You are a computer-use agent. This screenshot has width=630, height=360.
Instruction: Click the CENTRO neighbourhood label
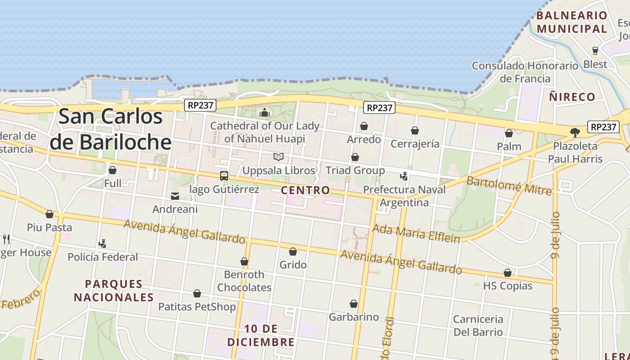305,190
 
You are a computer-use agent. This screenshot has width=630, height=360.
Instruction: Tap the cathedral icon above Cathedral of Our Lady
265,112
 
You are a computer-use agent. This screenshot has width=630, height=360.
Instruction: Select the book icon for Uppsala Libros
279,157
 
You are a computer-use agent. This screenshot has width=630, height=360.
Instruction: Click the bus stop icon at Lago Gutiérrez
224,176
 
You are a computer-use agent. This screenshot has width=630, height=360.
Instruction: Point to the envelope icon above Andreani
175,196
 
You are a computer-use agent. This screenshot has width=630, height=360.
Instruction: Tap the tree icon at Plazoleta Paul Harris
575,132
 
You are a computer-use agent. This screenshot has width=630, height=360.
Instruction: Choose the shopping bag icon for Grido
293,252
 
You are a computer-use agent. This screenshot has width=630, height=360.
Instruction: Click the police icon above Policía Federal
103,244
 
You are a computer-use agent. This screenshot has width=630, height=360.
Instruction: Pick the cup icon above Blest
595,51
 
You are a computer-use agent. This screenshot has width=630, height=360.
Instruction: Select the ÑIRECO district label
572,97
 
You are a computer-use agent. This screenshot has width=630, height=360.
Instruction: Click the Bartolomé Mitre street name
509,186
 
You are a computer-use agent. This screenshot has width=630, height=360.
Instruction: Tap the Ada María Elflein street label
416,233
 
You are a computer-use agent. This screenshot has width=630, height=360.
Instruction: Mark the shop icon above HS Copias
508,273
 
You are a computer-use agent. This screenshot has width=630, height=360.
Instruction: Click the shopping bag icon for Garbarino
354,304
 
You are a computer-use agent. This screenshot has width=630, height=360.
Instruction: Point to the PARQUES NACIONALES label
114,291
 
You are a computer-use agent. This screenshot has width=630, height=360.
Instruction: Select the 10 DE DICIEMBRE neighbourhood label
261,336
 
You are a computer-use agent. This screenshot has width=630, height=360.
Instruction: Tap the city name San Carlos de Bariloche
111,129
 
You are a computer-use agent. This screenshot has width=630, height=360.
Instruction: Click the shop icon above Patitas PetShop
197,294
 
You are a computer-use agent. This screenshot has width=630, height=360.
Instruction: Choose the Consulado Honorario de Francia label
525,72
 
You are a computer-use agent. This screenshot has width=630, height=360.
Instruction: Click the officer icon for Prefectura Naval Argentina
404,176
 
